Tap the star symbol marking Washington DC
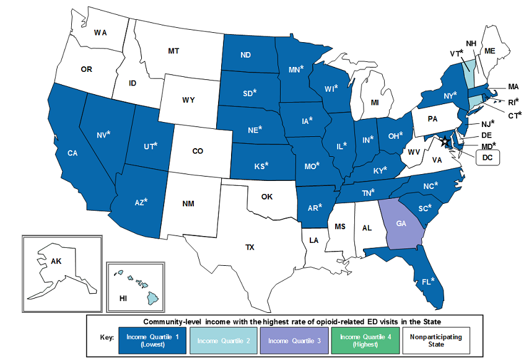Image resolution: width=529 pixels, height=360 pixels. point(444,142)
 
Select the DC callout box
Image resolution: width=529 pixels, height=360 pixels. point(487,157)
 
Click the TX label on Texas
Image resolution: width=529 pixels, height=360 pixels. point(249,247)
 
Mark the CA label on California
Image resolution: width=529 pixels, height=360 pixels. point(72,152)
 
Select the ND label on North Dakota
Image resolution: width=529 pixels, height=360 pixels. point(245,55)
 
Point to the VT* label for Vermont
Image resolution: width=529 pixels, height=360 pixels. point(457,53)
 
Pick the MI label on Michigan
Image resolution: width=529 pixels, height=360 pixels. point(374,101)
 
